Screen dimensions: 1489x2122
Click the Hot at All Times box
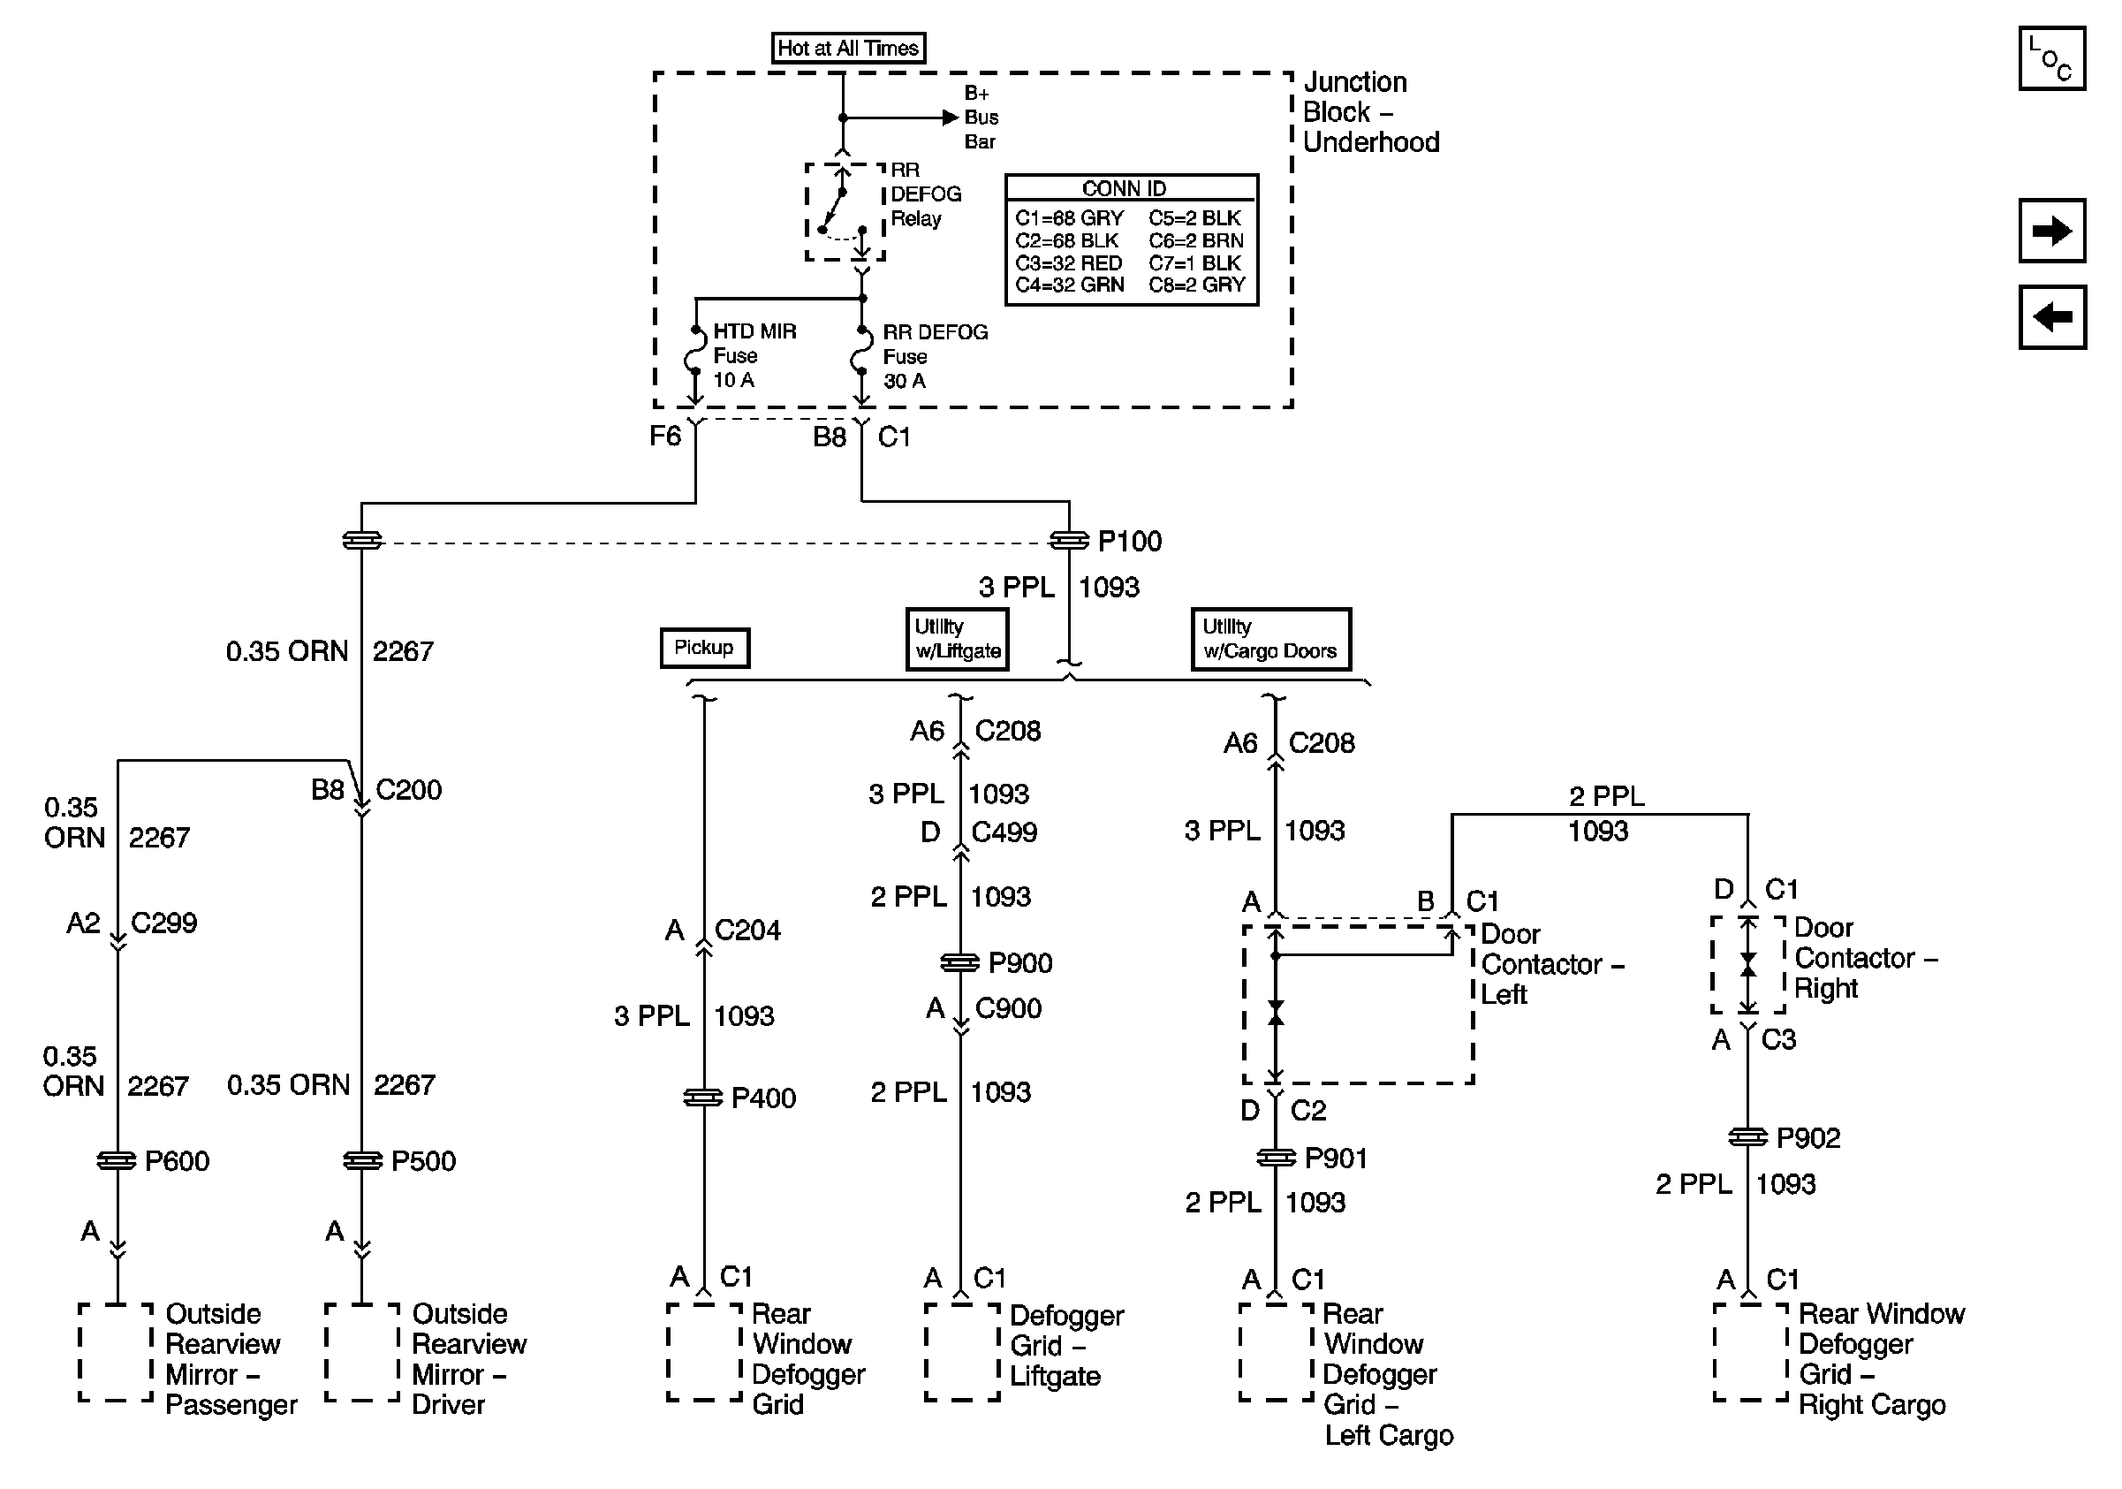pyautogui.click(x=847, y=48)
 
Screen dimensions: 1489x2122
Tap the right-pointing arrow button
pyautogui.click(x=2050, y=230)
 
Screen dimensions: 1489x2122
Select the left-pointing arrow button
pyautogui.click(x=2050, y=317)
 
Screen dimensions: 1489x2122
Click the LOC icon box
pyautogui.click(x=2050, y=59)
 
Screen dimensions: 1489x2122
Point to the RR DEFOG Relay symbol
pyautogui.click(x=845, y=213)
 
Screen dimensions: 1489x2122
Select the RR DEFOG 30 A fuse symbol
pyautogui.click(x=861, y=355)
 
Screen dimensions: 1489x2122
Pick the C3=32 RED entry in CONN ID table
pyautogui.click(x=1068, y=263)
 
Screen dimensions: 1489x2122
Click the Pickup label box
pyautogui.click(x=704, y=647)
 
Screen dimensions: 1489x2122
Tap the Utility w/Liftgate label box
pyautogui.click(x=957, y=639)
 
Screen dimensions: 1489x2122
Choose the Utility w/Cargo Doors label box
pyautogui.click(x=1269, y=639)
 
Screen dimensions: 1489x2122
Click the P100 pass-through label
pyautogui.click(x=1129, y=542)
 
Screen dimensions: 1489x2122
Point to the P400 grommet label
pyautogui.click(x=762, y=1098)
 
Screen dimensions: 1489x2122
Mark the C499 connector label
pyautogui.click(x=1004, y=832)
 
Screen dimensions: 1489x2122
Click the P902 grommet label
pyautogui.click(x=1807, y=1138)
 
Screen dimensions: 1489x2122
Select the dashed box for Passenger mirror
pyautogui.click(x=117, y=1352)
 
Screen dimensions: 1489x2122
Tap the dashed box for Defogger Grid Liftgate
pyautogui.click(x=961, y=1352)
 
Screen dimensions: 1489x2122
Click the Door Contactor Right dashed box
pyautogui.click(x=1747, y=965)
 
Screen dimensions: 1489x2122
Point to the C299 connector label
pyautogui.click(x=163, y=923)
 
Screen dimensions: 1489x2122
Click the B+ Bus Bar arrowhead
pyautogui.click(x=949, y=118)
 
